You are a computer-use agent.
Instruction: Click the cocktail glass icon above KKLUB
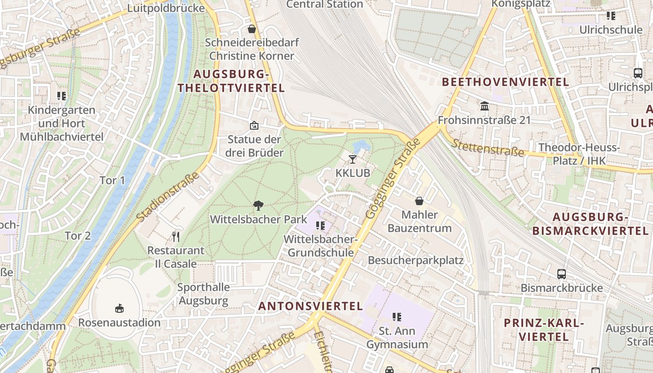click(x=353, y=159)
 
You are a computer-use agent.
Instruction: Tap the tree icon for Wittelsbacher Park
click(x=258, y=205)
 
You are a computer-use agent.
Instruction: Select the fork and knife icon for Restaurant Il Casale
click(x=176, y=237)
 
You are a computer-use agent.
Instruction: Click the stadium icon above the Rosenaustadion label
click(x=119, y=308)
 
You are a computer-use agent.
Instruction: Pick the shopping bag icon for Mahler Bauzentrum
click(x=419, y=201)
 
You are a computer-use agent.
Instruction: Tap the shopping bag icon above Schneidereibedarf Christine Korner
click(x=252, y=29)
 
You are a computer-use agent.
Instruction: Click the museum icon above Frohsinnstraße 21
click(x=484, y=106)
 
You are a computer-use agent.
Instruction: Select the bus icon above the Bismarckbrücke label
click(x=562, y=274)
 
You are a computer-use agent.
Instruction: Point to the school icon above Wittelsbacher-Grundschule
click(x=320, y=226)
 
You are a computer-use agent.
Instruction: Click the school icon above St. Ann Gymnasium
click(x=397, y=317)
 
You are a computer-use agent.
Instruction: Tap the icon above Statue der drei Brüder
click(x=254, y=125)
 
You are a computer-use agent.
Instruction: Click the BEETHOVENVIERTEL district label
click(x=505, y=82)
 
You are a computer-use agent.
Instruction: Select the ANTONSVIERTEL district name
click(x=310, y=306)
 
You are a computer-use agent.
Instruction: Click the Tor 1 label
click(x=112, y=180)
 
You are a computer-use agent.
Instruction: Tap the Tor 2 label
click(x=78, y=236)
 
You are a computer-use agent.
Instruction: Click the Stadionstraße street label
click(x=168, y=196)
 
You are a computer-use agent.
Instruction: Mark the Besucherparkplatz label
click(x=416, y=260)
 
